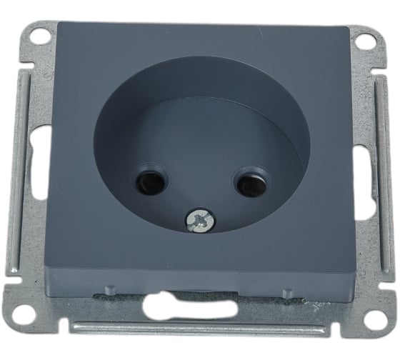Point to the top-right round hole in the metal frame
click(x=364, y=42)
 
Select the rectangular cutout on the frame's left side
click(x=41, y=171)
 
